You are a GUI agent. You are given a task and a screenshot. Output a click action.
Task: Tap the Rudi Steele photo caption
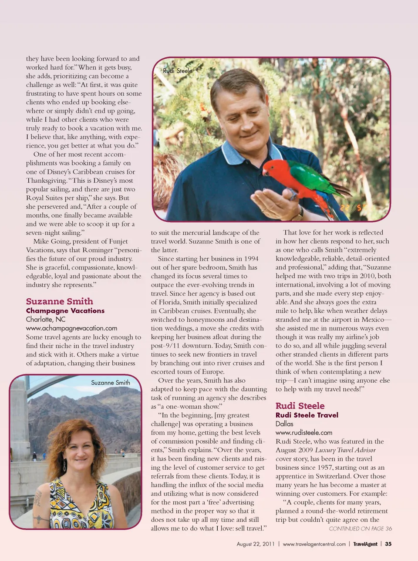click(x=177, y=70)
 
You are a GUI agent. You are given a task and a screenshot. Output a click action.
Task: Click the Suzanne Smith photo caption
click(x=110, y=382)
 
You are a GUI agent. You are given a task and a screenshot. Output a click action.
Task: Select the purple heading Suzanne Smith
click(x=59, y=301)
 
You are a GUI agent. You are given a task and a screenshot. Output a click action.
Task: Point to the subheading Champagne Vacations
click(x=65, y=311)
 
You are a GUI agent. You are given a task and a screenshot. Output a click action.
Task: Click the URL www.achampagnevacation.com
click(x=71, y=328)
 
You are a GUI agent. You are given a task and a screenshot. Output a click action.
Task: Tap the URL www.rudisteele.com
click(x=303, y=432)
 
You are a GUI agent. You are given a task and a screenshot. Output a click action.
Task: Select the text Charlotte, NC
click(x=45, y=319)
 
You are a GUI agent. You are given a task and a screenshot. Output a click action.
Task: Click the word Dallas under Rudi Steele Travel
click(x=284, y=424)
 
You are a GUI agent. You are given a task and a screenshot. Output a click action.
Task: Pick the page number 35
click(x=388, y=544)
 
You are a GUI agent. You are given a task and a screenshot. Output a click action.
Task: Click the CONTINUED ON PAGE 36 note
click(x=360, y=528)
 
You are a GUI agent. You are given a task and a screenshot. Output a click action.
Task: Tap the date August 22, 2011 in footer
click(x=255, y=544)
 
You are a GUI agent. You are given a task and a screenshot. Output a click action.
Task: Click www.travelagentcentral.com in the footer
click(x=314, y=544)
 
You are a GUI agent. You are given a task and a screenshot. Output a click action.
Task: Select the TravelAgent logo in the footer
click(x=365, y=544)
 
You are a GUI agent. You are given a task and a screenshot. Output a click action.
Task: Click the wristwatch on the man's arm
click(x=299, y=214)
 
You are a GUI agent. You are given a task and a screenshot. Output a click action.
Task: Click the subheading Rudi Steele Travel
click(x=307, y=415)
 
